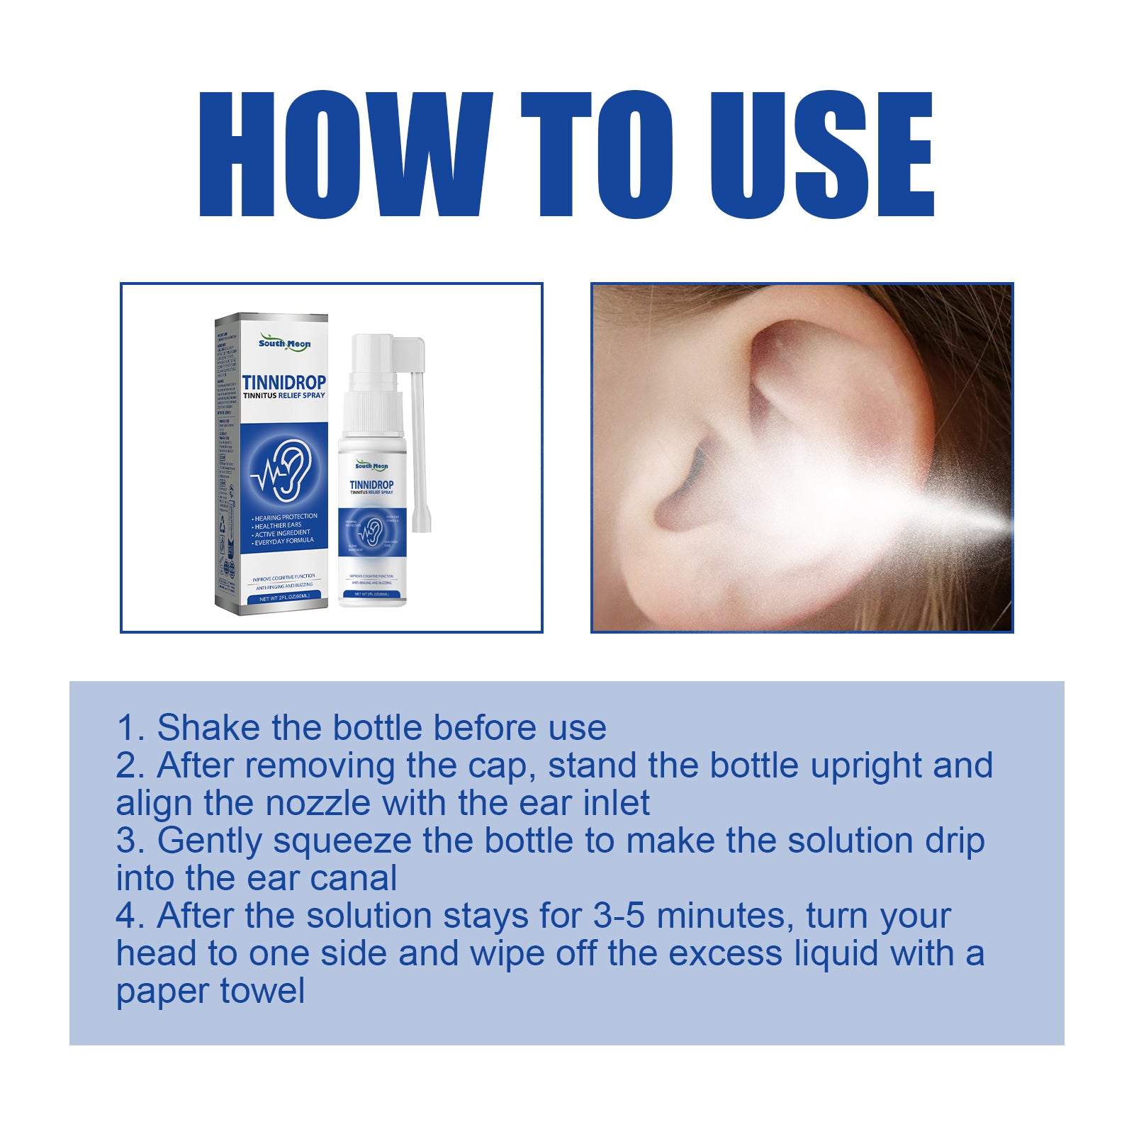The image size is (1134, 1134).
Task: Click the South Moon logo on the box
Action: (x=284, y=344)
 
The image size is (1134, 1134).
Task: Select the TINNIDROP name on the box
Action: (x=284, y=383)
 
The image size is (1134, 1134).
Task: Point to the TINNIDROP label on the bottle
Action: (x=371, y=485)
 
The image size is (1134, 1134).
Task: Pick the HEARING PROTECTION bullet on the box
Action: (x=286, y=517)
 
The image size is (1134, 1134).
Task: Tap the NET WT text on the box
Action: (x=284, y=598)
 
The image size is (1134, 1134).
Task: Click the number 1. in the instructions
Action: (x=130, y=728)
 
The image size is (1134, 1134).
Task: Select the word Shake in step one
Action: (x=209, y=728)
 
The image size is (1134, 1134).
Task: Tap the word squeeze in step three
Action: (x=342, y=841)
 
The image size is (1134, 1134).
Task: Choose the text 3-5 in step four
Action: (x=618, y=916)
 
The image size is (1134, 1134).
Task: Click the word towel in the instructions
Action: (x=262, y=991)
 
